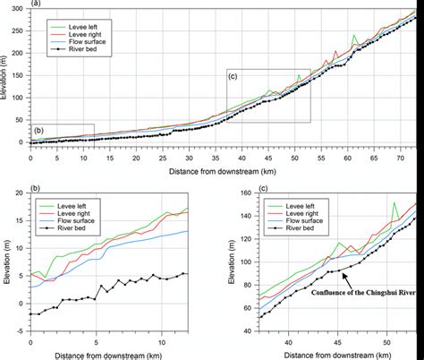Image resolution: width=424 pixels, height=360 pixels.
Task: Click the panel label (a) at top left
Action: point(35,4)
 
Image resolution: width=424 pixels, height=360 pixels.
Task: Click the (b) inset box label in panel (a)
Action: point(38,132)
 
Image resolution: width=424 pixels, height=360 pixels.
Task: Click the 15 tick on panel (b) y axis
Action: point(21,220)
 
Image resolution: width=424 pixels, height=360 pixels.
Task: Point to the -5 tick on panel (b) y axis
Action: point(21,336)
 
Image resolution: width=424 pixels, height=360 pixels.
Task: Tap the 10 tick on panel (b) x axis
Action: point(162,343)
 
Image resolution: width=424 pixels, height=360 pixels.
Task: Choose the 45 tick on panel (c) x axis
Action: point(337,343)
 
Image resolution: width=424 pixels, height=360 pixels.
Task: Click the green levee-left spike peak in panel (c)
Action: point(394,203)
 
